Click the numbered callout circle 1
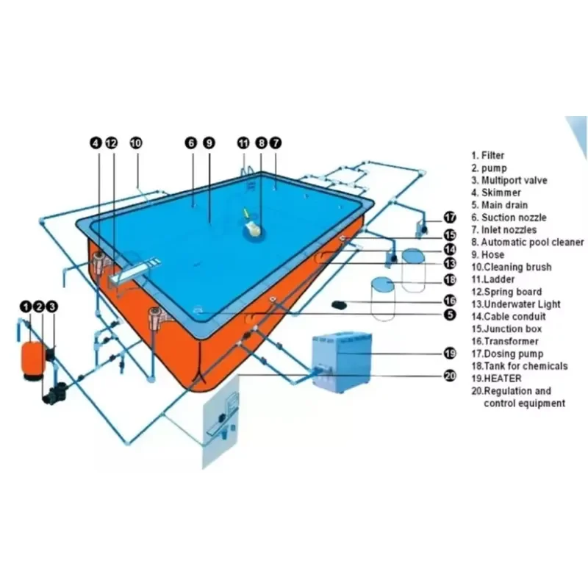click(26, 306)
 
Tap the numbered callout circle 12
click(112, 143)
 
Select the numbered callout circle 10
click(136, 143)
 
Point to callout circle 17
click(450, 218)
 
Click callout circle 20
click(450, 376)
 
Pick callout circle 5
click(450, 315)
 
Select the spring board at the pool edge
click(136, 269)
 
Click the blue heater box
click(342, 362)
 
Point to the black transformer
click(340, 305)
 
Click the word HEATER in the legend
click(503, 379)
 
